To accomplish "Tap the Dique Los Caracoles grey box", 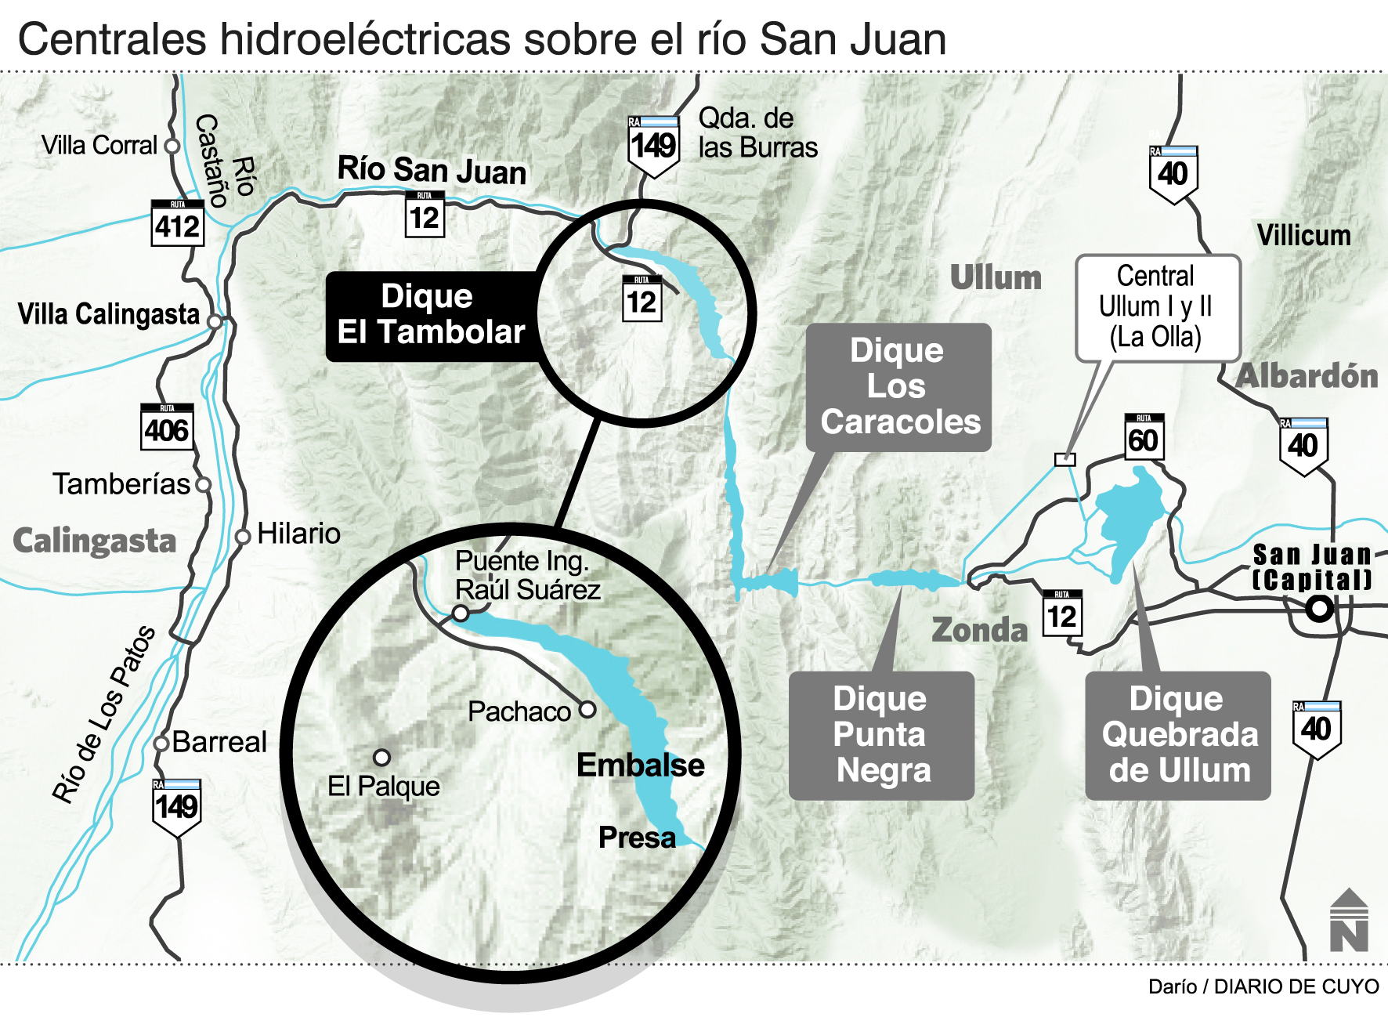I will [x=898, y=387].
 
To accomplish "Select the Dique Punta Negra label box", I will [x=881, y=735].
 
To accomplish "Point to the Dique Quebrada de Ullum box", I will [x=1178, y=735].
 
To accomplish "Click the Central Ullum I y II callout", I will [x=1157, y=307].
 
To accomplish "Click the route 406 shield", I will [x=167, y=428].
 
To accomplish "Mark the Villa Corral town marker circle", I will [x=172, y=146].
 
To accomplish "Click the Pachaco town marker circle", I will [x=587, y=710].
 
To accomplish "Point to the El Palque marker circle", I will [x=381, y=757].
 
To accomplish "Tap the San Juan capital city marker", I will [x=1320, y=608].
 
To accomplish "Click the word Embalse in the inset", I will [x=640, y=765].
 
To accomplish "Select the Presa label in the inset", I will [x=637, y=838].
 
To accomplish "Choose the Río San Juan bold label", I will [x=432, y=170].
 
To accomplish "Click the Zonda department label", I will [x=979, y=630].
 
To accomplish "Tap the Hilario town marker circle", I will [x=244, y=536].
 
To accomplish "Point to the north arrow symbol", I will [x=1348, y=921].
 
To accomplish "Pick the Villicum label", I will [x=1303, y=235].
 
